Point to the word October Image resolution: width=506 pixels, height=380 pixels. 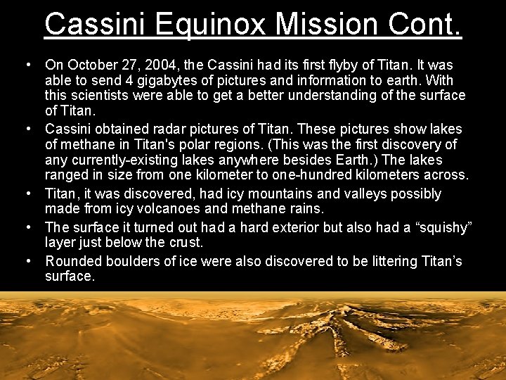point(89,65)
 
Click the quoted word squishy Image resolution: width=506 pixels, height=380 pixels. point(439,227)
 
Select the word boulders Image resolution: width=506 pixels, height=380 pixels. point(131,261)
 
